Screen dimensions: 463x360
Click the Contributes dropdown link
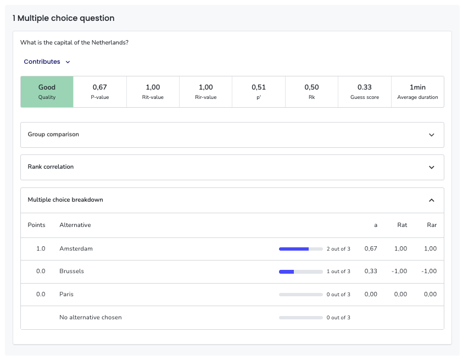[47, 62]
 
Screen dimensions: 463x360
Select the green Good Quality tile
[47, 92]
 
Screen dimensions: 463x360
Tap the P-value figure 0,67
[100, 87]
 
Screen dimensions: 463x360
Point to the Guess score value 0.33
[365, 87]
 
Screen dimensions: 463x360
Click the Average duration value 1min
[417, 87]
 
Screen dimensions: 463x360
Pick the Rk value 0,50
[311, 87]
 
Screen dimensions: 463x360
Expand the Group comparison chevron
[431, 135]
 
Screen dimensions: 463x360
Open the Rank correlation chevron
[431, 167]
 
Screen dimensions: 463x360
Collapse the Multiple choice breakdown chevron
[431, 200]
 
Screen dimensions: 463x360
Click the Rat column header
[402, 225]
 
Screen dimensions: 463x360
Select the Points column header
[37, 225]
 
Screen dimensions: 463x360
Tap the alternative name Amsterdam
[76, 248]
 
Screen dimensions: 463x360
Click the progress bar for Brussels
[300, 272]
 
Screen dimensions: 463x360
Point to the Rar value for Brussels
[429, 271]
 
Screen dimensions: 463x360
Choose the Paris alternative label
[66, 294]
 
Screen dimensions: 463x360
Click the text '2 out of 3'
[338, 249]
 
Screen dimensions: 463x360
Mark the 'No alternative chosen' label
[91, 317]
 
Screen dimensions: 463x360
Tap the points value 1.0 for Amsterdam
[41, 248]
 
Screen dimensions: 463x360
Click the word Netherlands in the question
[109, 42]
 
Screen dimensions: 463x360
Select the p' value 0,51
[259, 87]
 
